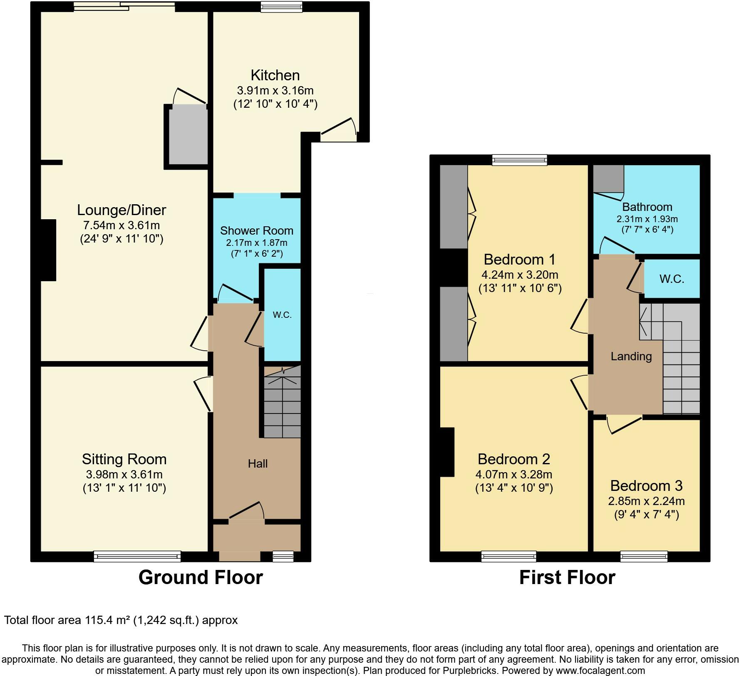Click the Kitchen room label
(275, 75)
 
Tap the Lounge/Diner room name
(122, 210)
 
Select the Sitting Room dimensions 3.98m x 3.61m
(124, 474)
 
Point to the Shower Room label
(257, 230)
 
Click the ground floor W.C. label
(282, 315)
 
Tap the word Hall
(258, 463)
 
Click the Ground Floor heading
(201, 577)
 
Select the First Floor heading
(567, 577)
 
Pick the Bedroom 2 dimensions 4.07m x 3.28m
(513, 474)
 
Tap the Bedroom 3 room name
(646, 485)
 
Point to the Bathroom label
(647, 207)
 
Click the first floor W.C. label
(672, 279)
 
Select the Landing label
(631, 356)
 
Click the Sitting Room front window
(137, 556)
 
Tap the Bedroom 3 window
(644, 556)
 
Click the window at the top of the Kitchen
(281, 7)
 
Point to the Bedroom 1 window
(519, 160)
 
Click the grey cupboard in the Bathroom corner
(608, 178)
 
